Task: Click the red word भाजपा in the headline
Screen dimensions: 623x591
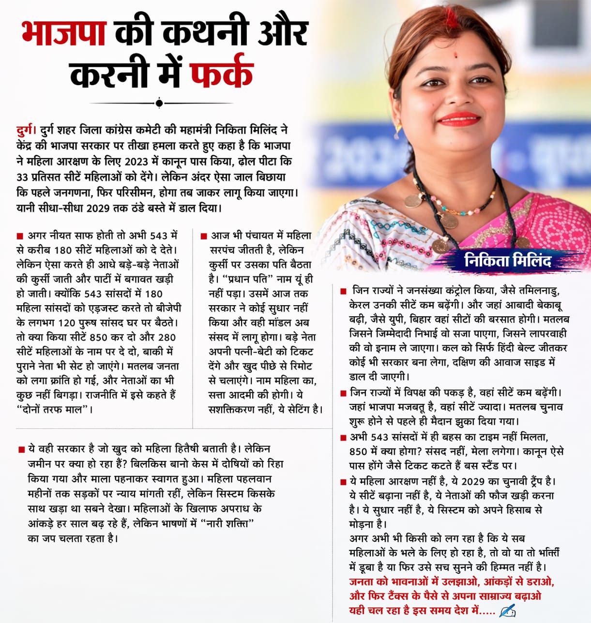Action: (64, 33)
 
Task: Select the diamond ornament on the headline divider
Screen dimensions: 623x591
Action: (159, 103)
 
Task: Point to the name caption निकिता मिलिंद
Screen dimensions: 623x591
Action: (507, 261)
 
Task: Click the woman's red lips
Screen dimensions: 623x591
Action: (458, 118)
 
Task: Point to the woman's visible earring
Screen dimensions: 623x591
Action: (400, 129)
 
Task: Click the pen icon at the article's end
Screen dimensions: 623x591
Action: (507, 610)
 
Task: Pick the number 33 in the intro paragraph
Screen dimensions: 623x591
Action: (22, 177)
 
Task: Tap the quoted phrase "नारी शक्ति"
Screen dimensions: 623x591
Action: (228, 523)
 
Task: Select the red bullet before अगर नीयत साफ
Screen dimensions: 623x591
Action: (20, 236)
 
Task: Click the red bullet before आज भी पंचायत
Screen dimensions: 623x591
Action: (204, 236)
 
